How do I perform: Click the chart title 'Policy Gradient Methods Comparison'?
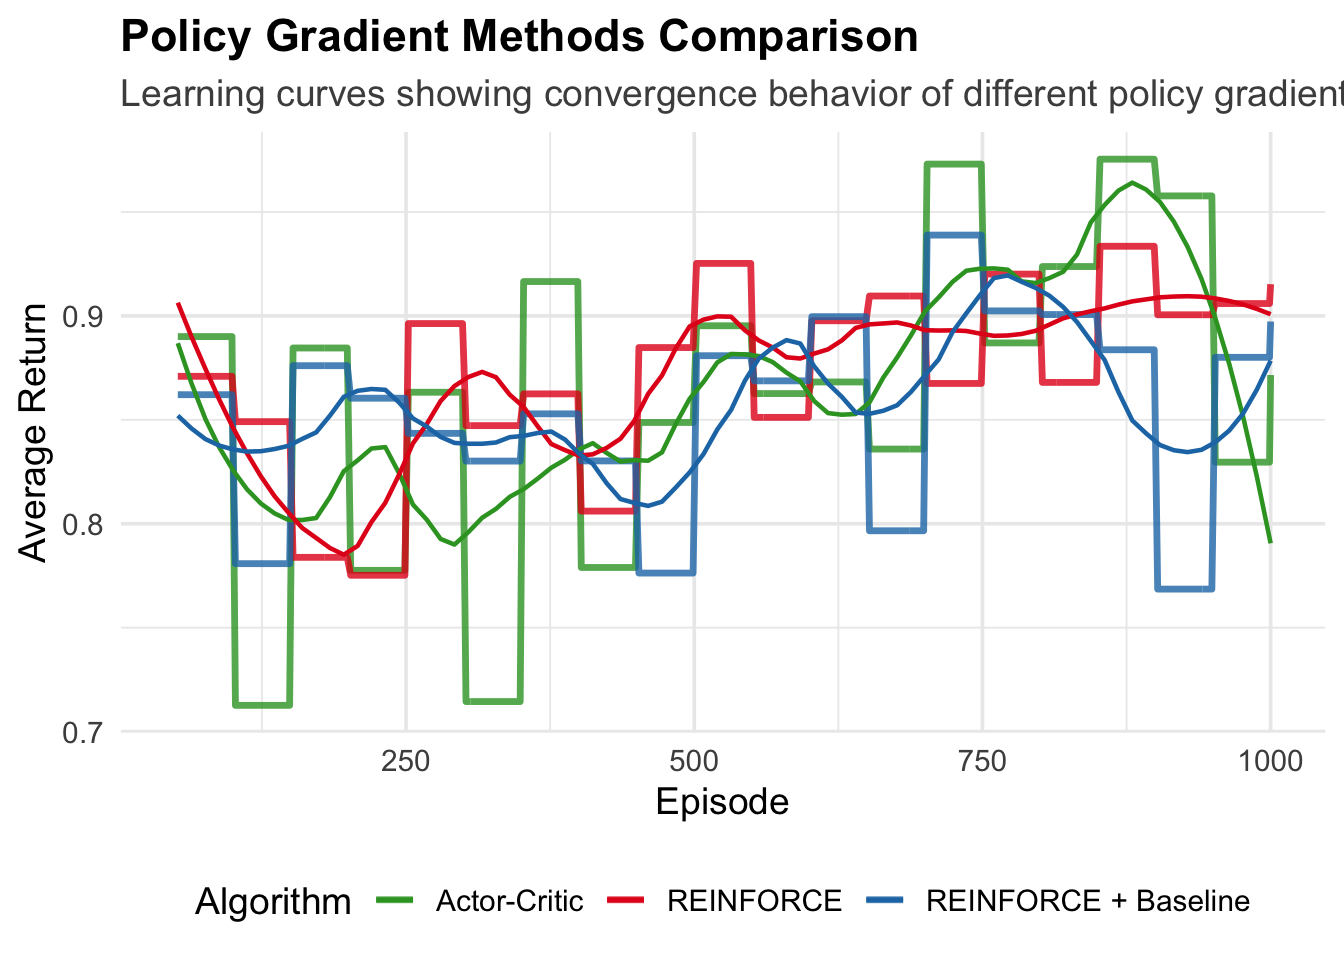519,38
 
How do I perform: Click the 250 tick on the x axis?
406,762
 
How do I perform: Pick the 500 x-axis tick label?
694,762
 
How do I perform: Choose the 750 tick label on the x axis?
982,762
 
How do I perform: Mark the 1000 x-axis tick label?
1270,762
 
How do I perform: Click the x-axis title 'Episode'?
722,802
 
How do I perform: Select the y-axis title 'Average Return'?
34,432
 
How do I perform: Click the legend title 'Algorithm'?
273,902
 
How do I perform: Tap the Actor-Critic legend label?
509,902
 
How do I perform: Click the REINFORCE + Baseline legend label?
1088,902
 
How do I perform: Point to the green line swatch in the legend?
394,902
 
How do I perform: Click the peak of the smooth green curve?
1131,182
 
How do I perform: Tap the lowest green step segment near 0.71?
262,705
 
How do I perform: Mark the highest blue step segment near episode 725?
954,235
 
